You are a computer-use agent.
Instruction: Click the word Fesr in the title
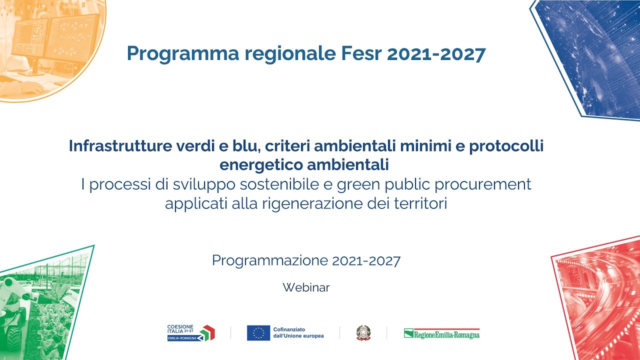coord(361,53)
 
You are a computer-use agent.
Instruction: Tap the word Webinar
coord(306,287)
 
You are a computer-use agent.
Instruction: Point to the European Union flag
coord(258,333)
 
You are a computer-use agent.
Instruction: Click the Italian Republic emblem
coord(363,333)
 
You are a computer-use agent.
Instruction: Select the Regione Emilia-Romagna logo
coord(441,333)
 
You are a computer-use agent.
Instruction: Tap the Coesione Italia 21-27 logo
coord(191,333)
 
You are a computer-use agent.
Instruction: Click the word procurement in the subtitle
coord(483,185)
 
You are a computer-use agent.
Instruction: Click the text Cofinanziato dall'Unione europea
coord(298,333)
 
